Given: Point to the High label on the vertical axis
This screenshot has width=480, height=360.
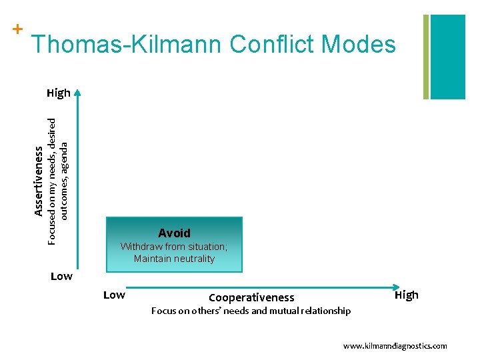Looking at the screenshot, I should [59, 93].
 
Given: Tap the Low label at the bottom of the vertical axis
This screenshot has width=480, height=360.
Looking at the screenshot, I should [61, 276].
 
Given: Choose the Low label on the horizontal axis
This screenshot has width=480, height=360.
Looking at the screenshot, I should [114, 295].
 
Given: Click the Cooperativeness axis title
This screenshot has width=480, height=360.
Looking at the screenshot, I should [251, 297].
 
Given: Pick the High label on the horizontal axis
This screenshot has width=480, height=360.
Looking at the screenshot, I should [407, 295].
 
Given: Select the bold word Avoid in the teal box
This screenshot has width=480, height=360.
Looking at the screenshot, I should [174, 233].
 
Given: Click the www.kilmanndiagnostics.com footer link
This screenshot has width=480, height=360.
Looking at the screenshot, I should [395, 346].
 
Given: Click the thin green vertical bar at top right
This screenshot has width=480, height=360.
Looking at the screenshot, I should [426, 57].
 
